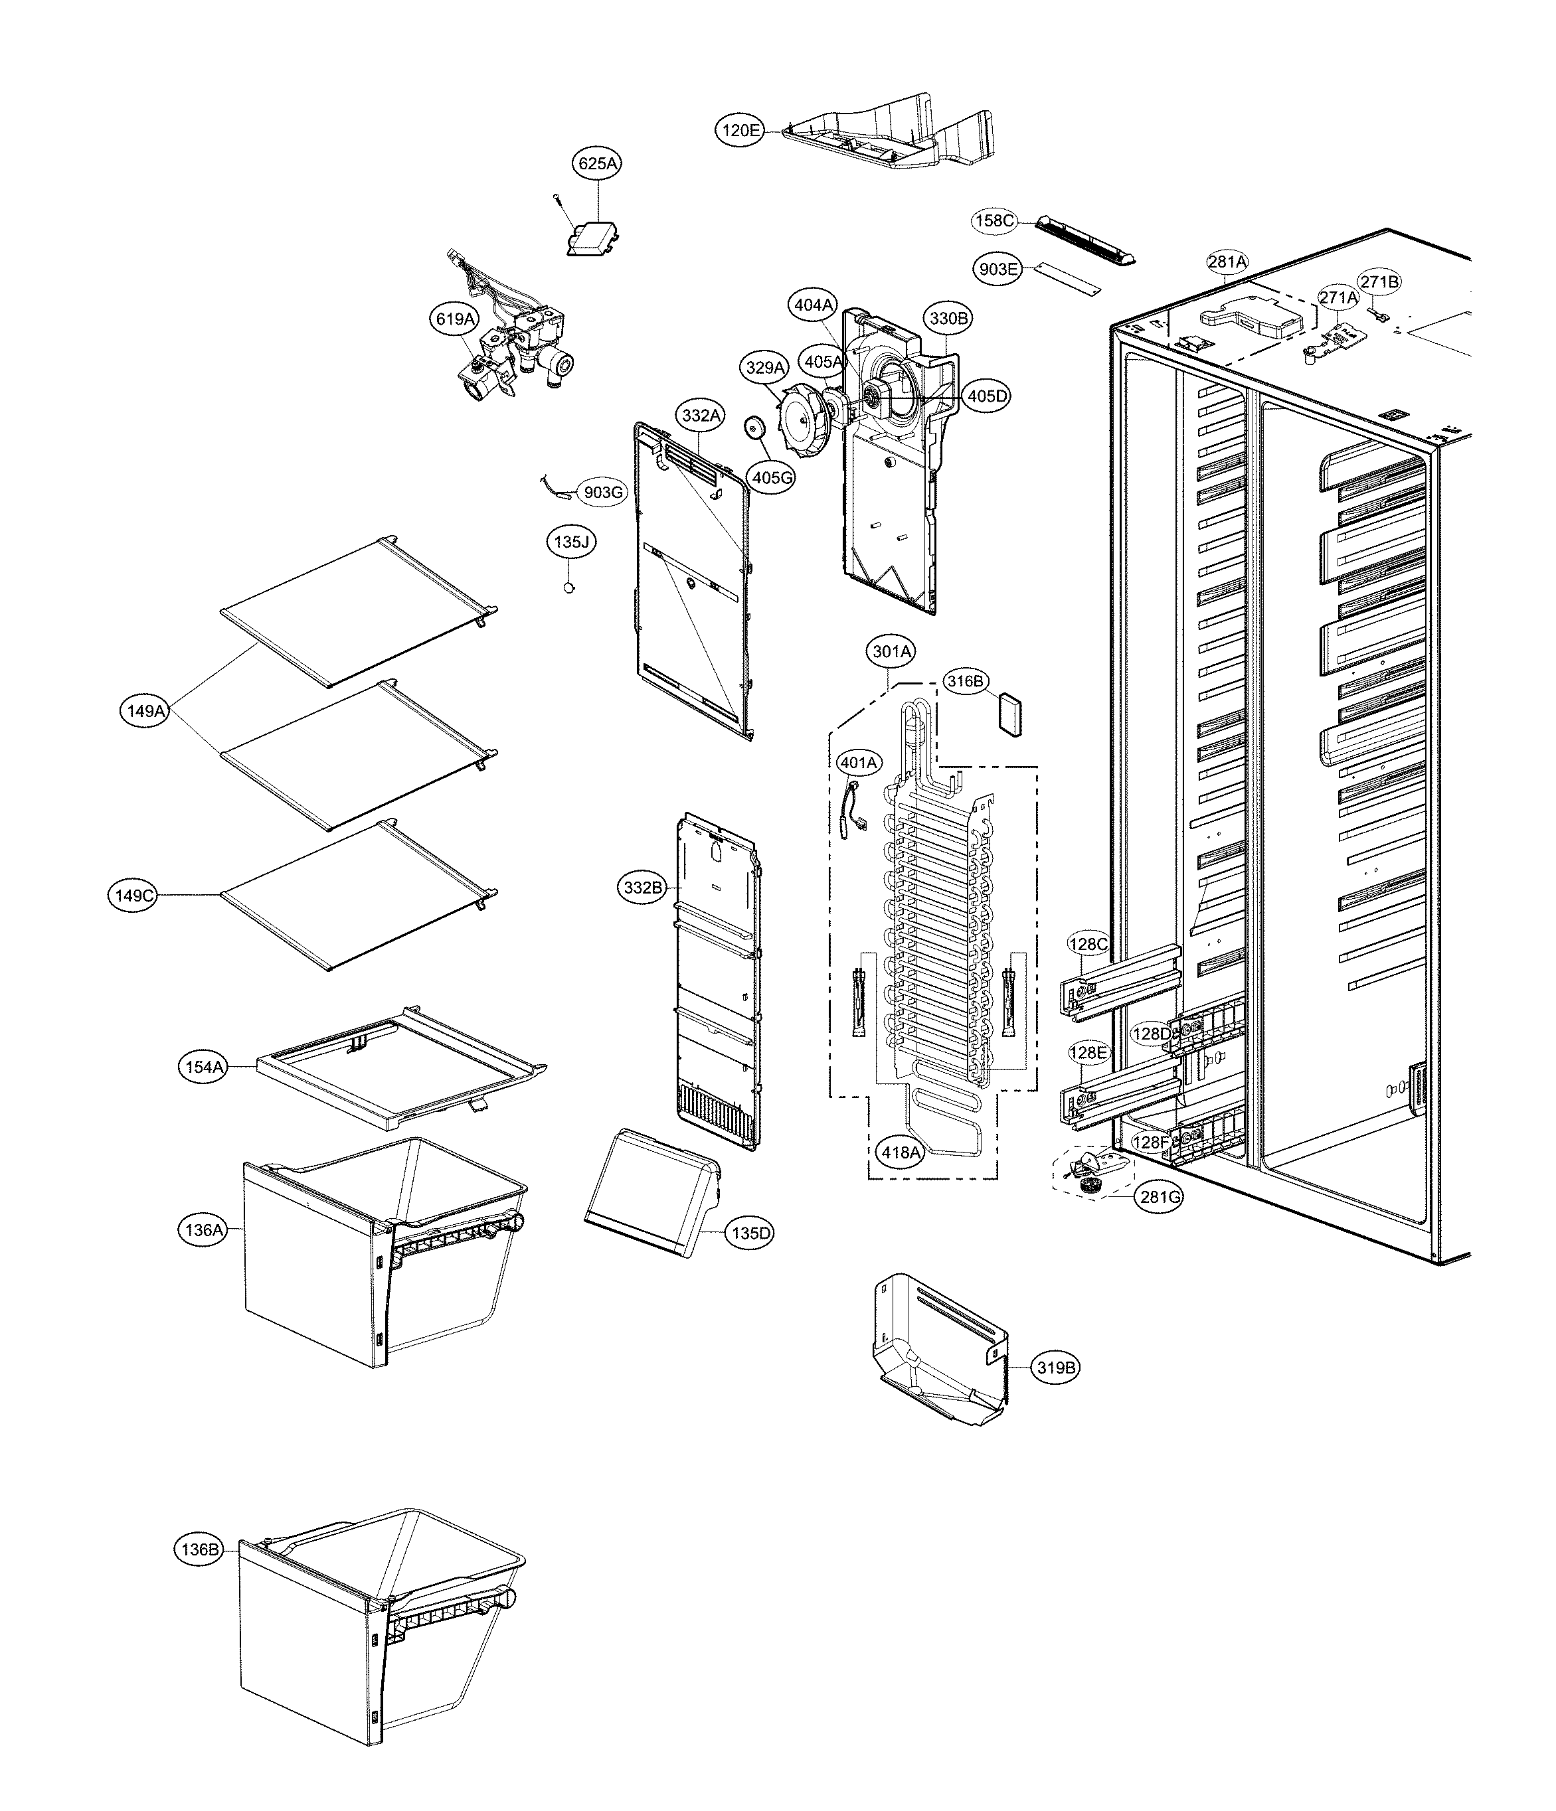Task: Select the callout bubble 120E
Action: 740,131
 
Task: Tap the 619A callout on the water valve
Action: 456,319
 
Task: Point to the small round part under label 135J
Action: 570,588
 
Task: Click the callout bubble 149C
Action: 133,895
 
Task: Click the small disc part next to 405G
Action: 754,429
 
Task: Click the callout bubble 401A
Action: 859,762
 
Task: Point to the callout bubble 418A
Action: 901,1152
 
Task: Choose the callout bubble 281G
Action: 1159,1196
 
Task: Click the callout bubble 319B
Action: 1055,1367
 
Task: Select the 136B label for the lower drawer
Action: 199,1549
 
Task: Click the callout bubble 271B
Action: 1379,281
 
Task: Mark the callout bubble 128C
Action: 1088,944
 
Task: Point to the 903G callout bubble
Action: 603,492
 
